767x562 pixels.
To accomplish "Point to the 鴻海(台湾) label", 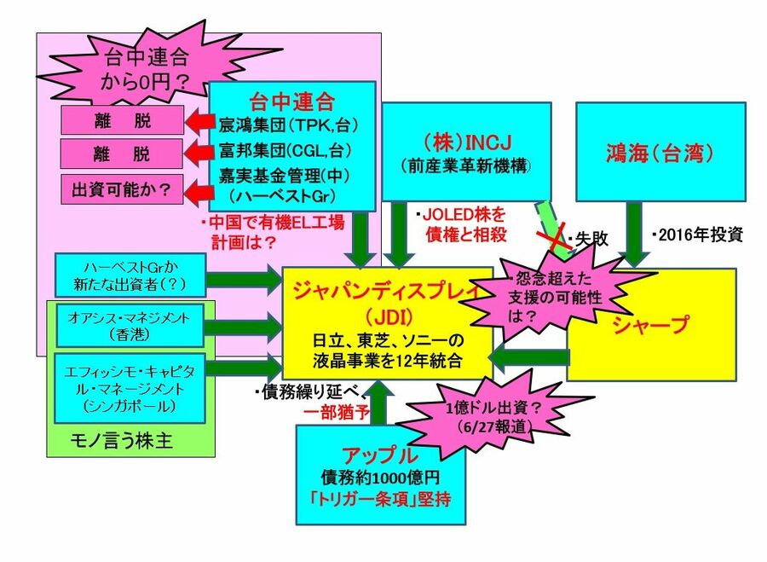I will coord(660,155).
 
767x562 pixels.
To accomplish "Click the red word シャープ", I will coord(651,324).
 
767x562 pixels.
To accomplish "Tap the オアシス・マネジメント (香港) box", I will coord(130,324).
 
